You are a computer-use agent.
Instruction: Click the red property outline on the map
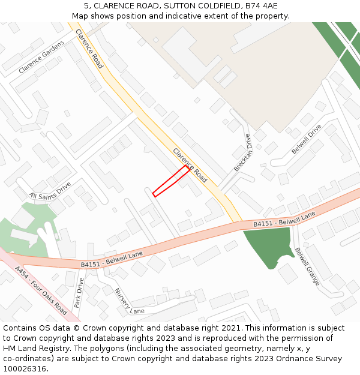coord(171,181)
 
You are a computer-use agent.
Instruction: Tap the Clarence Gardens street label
coord(41,57)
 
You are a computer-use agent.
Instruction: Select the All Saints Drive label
coord(50,191)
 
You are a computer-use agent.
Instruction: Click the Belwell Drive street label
coord(307,139)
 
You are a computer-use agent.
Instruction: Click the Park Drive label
coord(79,293)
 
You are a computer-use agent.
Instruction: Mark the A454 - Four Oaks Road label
coord(41,290)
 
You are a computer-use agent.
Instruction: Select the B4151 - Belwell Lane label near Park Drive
coord(112,260)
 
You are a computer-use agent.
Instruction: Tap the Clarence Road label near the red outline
coord(190,165)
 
